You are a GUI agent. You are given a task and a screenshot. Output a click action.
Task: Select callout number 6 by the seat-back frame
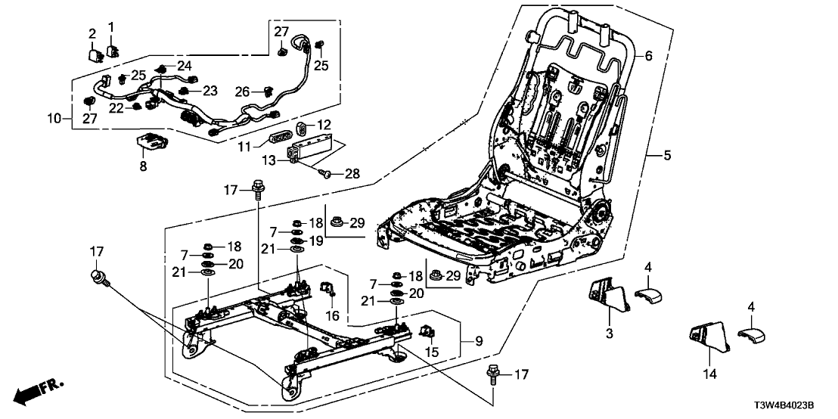pyautogui.click(x=648, y=55)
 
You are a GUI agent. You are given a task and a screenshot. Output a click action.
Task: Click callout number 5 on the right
pyautogui.click(x=667, y=156)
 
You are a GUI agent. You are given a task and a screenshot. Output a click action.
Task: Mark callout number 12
pyautogui.click(x=323, y=124)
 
